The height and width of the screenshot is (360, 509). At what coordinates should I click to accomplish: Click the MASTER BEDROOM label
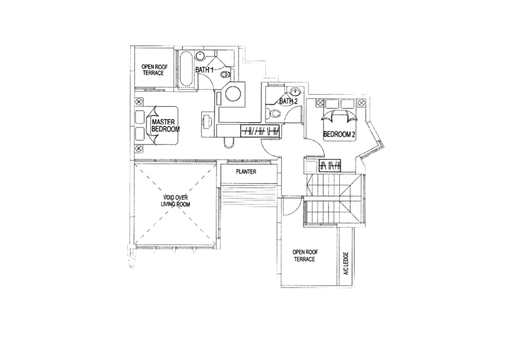coord(165,125)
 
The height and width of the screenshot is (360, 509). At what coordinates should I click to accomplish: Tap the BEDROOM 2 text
coord(338,134)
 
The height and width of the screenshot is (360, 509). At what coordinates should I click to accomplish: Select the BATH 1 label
coord(204,69)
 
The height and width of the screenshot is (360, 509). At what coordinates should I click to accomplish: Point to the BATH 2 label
coord(289,101)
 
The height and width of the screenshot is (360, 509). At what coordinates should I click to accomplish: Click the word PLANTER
coord(246,172)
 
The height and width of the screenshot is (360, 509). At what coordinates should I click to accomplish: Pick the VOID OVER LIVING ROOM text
coord(176,201)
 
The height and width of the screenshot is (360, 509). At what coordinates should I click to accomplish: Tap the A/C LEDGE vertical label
coord(346,263)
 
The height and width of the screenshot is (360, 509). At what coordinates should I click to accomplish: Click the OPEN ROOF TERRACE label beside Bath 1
coord(155,70)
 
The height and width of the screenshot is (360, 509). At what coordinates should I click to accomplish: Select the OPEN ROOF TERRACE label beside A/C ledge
coord(305,256)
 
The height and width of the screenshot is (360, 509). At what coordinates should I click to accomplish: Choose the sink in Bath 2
coord(295,91)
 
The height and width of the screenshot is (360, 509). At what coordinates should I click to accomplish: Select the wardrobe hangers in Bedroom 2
coord(330,166)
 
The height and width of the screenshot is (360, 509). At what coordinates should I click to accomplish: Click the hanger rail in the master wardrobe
coord(260,131)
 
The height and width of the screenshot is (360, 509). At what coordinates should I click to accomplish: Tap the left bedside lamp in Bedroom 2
coord(320,103)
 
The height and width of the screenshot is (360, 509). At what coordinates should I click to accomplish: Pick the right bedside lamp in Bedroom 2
coord(361,103)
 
